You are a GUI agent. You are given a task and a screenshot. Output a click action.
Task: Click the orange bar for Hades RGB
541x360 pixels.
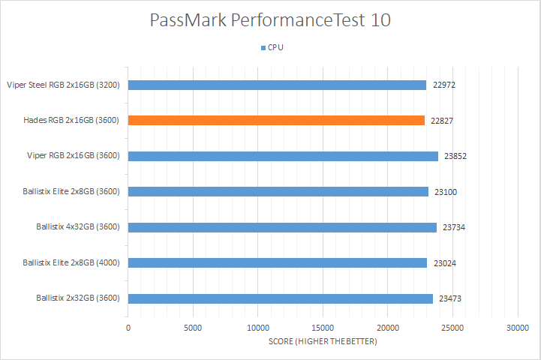(x=276, y=120)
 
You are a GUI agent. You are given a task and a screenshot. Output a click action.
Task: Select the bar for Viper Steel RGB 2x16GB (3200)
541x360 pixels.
(x=277, y=85)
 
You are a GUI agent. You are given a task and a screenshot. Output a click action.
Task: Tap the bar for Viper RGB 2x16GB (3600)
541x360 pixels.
(x=283, y=156)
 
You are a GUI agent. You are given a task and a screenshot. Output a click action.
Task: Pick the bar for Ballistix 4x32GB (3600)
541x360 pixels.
(x=282, y=227)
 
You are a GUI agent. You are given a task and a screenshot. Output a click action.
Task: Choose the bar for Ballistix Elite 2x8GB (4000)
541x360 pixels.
(x=278, y=262)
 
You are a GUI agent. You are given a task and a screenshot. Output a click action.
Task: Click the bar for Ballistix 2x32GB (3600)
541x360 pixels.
(x=281, y=298)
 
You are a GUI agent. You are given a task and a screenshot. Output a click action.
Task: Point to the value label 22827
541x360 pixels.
(x=443, y=120)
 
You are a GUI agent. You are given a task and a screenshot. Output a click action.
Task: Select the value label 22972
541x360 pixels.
(x=444, y=85)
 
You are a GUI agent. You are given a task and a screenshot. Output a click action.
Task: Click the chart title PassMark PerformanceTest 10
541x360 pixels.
(x=270, y=19)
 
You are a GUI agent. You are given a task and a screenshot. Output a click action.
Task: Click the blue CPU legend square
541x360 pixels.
(x=263, y=47)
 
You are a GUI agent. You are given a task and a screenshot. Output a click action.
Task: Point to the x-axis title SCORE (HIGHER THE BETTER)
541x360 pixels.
(x=323, y=342)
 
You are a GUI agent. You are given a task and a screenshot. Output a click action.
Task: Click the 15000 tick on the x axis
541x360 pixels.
(x=323, y=328)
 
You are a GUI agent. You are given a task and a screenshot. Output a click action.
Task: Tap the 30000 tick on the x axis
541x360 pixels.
(x=517, y=328)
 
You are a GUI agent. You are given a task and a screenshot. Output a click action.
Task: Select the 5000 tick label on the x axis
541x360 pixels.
(x=193, y=328)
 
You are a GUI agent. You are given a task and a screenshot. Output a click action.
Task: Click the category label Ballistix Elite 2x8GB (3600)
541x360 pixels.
(x=71, y=192)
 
